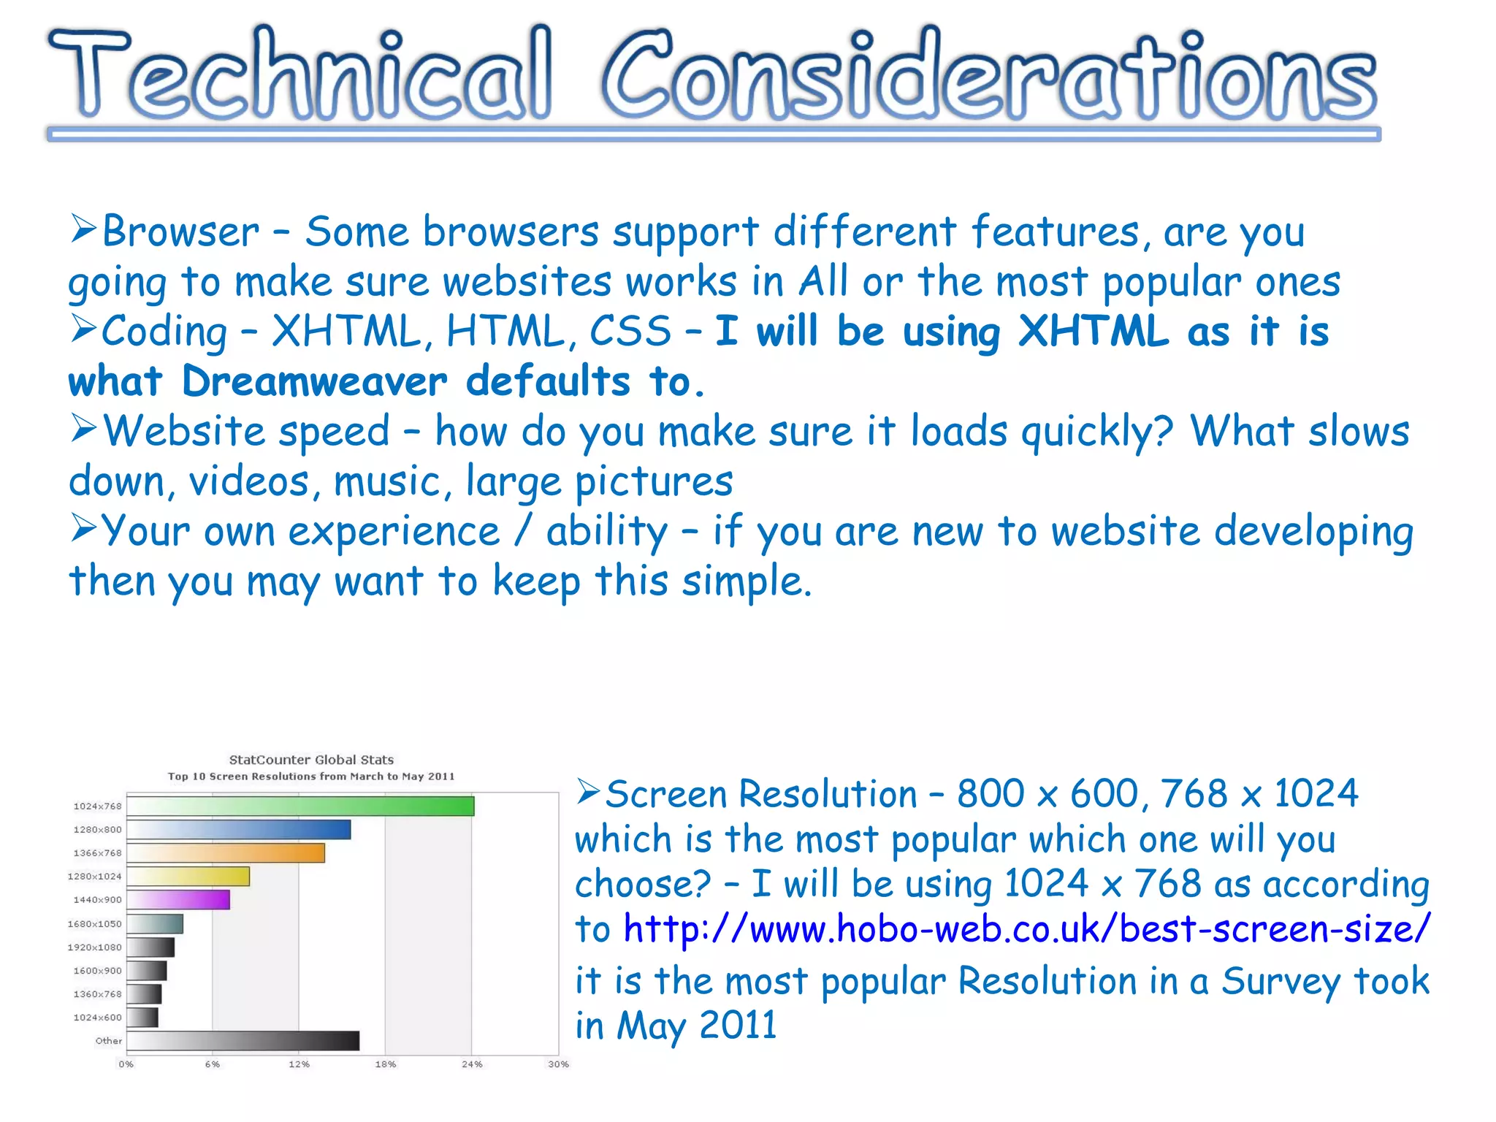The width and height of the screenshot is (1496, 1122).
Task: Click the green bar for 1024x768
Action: tap(300, 806)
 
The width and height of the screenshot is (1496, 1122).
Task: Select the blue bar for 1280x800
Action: tap(239, 830)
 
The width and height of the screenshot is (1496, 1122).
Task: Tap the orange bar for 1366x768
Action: tap(226, 853)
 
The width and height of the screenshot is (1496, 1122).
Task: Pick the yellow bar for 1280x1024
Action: tap(188, 877)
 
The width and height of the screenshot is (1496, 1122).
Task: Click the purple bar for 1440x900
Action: tap(178, 900)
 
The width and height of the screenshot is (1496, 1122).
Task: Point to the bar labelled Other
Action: tap(243, 1041)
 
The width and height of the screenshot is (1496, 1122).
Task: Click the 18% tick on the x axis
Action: tap(386, 1064)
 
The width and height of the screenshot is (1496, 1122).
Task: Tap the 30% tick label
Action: tap(558, 1064)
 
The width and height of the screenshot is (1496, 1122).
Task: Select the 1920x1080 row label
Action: tap(95, 947)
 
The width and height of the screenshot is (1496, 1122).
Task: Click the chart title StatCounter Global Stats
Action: tap(311, 760)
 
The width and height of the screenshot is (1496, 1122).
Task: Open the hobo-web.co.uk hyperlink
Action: tap(1026, 929)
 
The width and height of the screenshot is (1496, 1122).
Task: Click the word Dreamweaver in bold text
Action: tap(314, 381)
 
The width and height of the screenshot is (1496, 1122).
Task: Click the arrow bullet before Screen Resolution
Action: tap(588, 791)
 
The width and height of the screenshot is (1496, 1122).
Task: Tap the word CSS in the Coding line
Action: tap(630, 332)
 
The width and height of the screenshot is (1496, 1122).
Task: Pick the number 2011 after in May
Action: tap(738, 1026)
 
